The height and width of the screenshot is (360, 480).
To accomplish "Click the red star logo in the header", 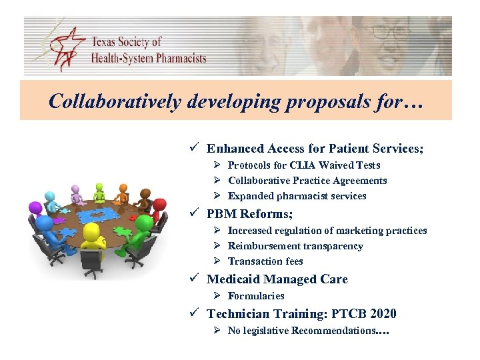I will click(69, 48).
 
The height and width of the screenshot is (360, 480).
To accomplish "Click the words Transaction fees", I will click(265, 261).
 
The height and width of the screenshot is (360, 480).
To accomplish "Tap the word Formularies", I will click(256, 296).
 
